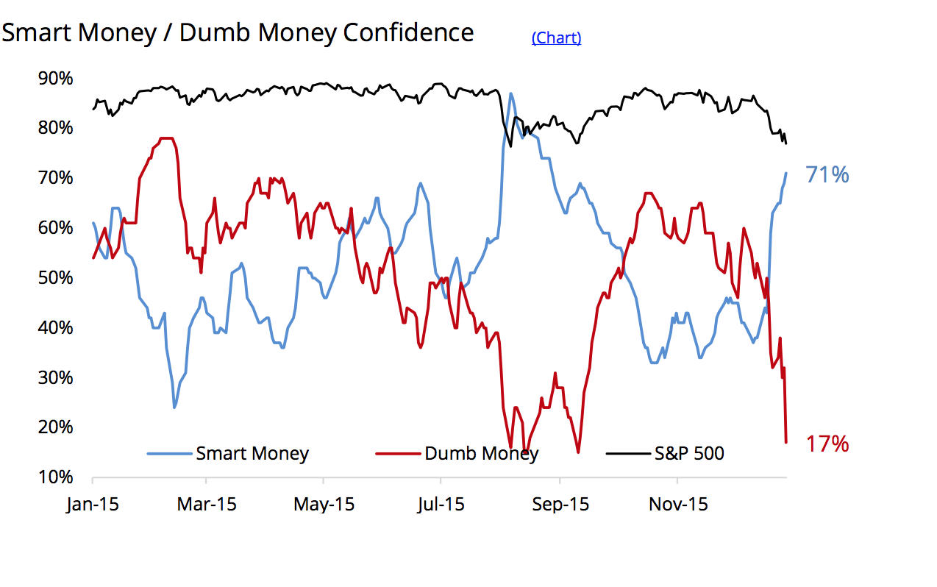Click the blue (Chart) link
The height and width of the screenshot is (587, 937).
(x=556, y=38)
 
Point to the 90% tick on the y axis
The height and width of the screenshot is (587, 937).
(x=55, y=78)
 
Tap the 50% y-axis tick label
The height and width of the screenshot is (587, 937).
(x=55, y=278)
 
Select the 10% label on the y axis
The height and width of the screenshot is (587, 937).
(x=55, y=477)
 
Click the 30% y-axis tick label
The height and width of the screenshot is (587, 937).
(x=55, y=377)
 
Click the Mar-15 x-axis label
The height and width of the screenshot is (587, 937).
(x=207, y=505)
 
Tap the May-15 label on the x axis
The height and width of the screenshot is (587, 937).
(x=324, y=505)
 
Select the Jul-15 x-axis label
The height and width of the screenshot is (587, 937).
(x=440, y=505)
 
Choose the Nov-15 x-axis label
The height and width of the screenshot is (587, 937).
(x=678, y=505)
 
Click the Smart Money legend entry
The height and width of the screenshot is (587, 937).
(x=252, y=453)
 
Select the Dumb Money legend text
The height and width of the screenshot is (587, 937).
(x=481, y=453)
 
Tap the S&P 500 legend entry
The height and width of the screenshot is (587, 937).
(x=689, y=453)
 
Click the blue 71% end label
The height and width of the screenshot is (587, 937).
(x=827, y=175)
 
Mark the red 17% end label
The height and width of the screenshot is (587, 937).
(x=827, y=444)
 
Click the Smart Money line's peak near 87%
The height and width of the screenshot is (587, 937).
(x=510, y=93)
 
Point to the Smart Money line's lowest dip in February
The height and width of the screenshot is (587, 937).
(x=174, y=407)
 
